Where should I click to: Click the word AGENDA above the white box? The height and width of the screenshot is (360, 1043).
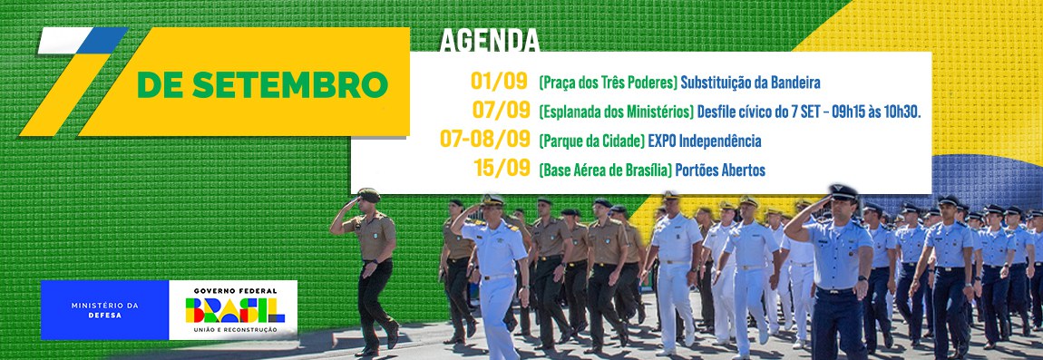489,41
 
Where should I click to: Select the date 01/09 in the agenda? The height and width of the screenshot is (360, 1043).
499,82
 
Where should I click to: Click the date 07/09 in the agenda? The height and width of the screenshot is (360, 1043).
501,110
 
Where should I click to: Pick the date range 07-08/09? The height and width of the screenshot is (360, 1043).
485,139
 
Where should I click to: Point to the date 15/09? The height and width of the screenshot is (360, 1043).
502,168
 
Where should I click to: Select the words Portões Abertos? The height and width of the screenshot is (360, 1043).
720,170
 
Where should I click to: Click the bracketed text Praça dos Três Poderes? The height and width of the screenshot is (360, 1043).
608,83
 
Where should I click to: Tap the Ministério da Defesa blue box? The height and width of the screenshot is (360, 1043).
104,310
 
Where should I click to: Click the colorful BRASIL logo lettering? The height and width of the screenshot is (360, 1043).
235,310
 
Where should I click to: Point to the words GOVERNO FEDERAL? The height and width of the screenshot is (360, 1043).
235,291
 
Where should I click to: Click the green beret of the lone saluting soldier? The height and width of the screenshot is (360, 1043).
368,194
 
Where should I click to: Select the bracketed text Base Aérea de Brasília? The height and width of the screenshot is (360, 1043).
605,170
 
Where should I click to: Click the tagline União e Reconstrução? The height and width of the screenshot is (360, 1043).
235,330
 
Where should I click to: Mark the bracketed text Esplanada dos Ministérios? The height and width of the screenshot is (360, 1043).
617,112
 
